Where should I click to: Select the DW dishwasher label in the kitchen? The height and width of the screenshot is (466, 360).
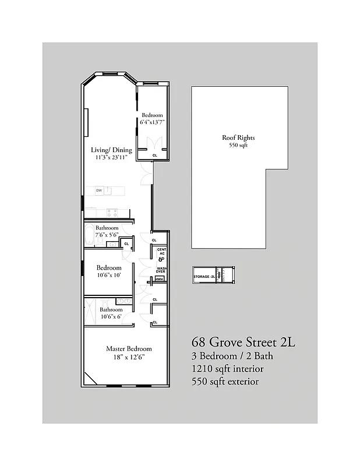click(99, 190)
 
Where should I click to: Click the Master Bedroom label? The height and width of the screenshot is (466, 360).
click(129, 348)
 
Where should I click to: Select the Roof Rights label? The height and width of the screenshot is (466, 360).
click(238, 138)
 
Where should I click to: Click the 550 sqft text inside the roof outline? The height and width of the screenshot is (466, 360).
click(238, 146)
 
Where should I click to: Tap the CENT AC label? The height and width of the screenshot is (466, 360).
click(161, 252)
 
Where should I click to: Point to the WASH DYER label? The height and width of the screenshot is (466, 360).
click(161, 270)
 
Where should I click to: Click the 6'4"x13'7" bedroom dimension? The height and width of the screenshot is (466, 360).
click(153, 123)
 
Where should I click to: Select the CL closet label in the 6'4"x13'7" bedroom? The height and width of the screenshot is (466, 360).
click(154, 156)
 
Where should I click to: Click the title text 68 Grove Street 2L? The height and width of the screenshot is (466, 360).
click(243, 342)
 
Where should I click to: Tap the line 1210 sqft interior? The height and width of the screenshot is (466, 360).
click(228, 369)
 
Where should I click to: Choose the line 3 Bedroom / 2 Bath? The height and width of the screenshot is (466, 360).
click(231, 356)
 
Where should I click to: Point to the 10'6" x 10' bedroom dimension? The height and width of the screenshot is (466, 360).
click(108, 276)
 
